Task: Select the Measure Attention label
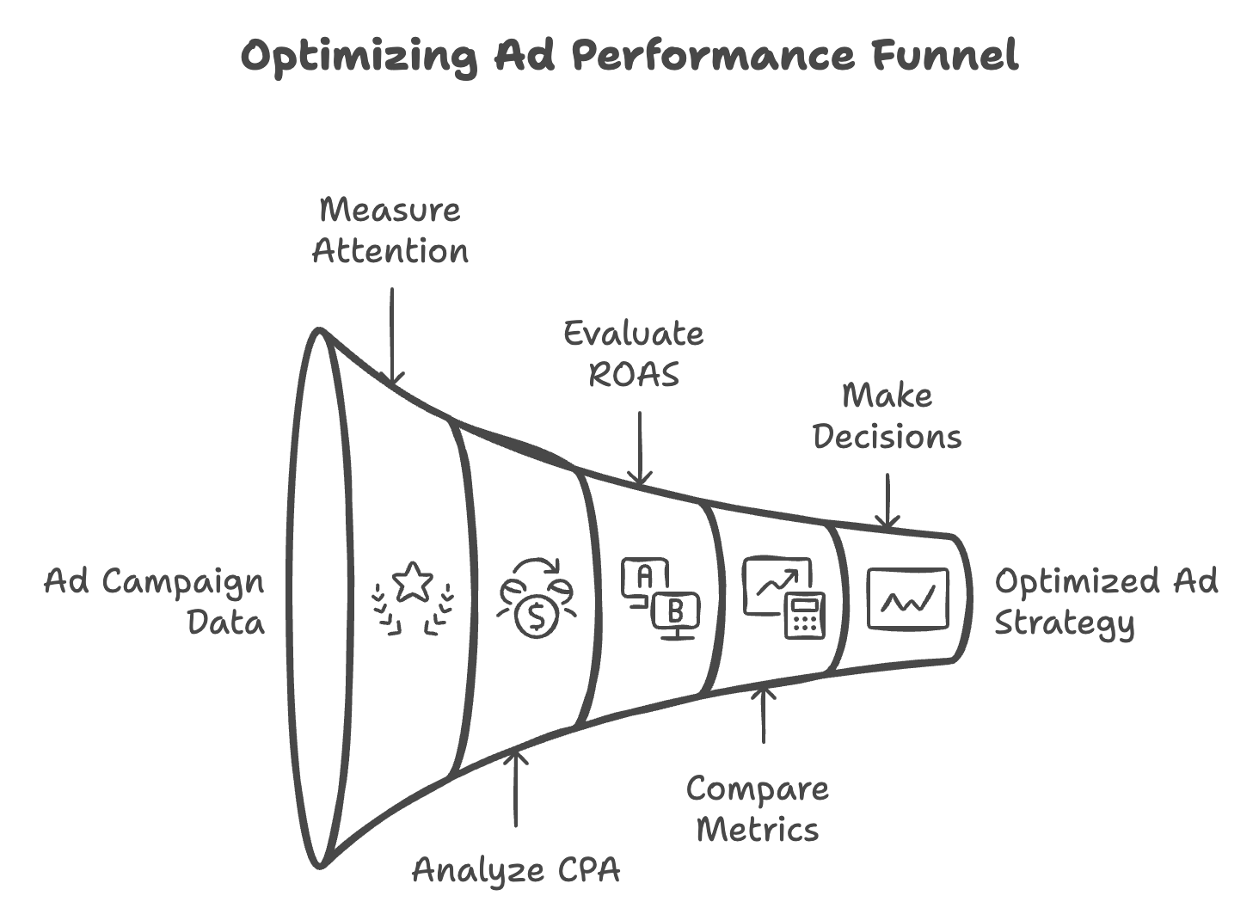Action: coord(390,230)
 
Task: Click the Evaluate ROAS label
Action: coord(634,353)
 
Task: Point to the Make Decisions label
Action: coord(887,415)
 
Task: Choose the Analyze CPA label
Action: coord(516,869)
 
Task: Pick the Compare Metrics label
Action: coord(758,808)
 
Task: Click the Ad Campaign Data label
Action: coord(155,601)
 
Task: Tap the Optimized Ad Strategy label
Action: coord(1106,601)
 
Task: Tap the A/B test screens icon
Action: coord(660,598)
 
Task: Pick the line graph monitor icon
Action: coord(907,598)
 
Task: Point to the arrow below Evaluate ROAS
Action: coord(640,448)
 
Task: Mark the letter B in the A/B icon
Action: coord(676,612)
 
